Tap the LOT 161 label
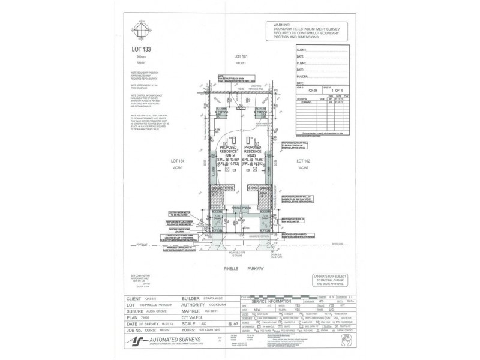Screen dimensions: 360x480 tap(241, 56)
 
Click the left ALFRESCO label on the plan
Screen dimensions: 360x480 tap(227, 112)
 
